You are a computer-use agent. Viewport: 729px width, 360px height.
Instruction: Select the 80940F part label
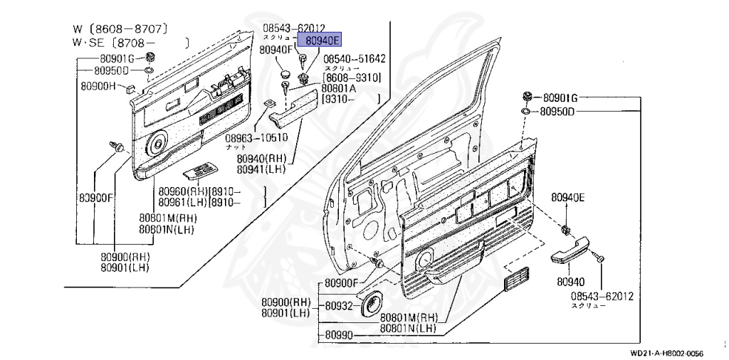(276, 51)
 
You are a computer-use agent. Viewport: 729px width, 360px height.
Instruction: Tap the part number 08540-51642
(355, 59)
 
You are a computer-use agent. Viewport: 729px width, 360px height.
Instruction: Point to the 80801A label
(339, 89)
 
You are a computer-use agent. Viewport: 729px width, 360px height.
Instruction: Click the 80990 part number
(338, 334)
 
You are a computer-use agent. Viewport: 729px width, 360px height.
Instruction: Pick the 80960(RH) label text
(183, 191)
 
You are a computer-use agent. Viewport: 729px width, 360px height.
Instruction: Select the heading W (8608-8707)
(120, 29)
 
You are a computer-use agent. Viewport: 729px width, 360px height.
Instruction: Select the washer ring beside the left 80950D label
(147, 71)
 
